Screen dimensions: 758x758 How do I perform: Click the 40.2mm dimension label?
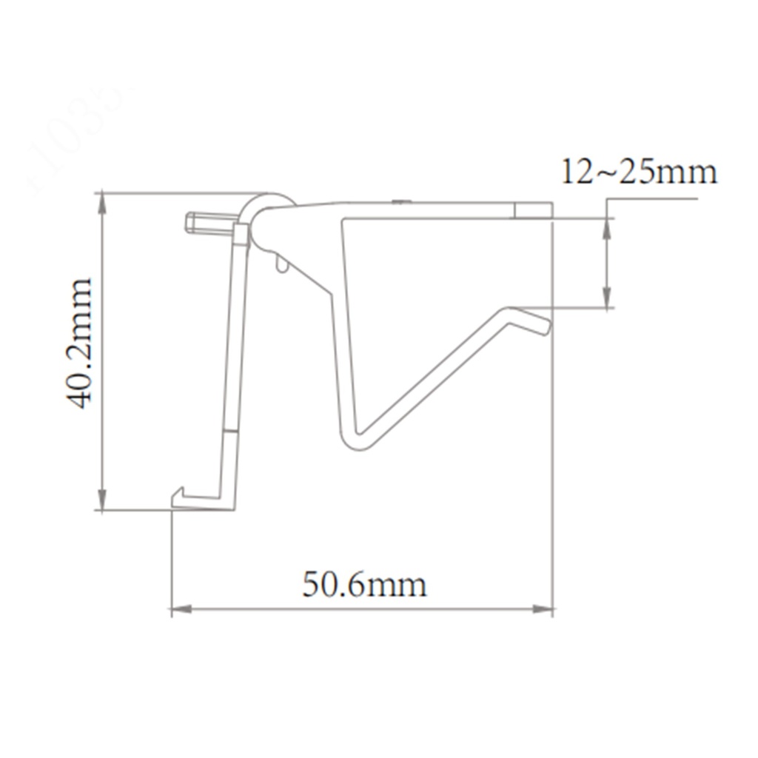pyautogui.click(x=80, y=343)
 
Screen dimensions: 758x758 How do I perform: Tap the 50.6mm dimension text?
pyautogui.click(x=364, y=586)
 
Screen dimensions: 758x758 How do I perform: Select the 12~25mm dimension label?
pyautogui.click(x=638, y=172)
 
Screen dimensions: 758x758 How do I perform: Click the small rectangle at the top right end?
pyautogui.click(x=533, y=209)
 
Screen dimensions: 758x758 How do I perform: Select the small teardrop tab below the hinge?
pyautogui.click(x=281, y=264)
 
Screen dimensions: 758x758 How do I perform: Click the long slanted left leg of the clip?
pyautogui.click(x=232, y=355)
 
